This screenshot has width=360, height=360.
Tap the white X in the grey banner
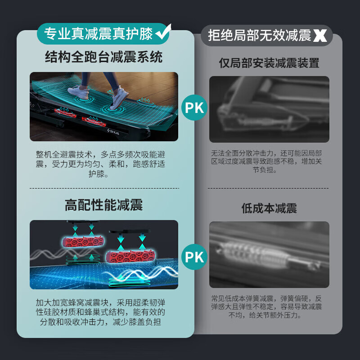320,36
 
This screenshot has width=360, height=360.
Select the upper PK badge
194,108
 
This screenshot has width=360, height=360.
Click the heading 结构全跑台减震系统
104,57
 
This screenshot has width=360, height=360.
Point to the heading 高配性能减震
104,206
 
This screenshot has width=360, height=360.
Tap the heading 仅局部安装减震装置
269,63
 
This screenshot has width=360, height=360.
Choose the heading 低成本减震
269,208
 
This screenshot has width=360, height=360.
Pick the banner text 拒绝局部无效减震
260,36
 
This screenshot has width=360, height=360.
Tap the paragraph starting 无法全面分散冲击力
269,162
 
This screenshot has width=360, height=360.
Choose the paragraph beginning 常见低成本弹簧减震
269,307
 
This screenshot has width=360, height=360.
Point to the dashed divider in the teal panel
104,188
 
